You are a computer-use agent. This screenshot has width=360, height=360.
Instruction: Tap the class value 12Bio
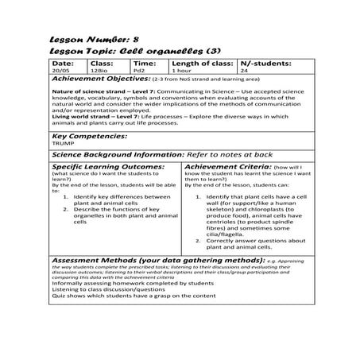pos(98,71)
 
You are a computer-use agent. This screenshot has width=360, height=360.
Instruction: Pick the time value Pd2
pos(138,71)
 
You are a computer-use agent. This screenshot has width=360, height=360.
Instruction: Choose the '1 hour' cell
pos(181,71)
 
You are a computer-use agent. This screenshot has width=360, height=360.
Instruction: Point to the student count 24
pos(244,71)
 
